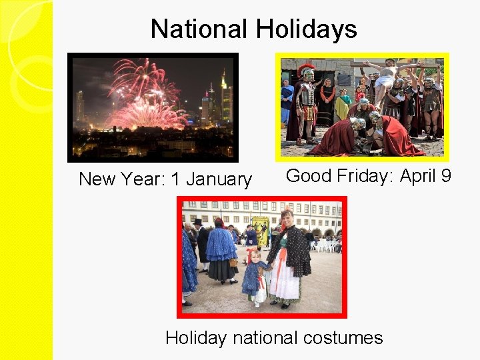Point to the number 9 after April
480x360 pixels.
tap(445, 176)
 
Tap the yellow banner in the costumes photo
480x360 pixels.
tap(260, 229)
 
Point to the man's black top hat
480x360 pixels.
tap(197, 222)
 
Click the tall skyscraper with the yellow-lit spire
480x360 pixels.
tap(224, 93)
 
